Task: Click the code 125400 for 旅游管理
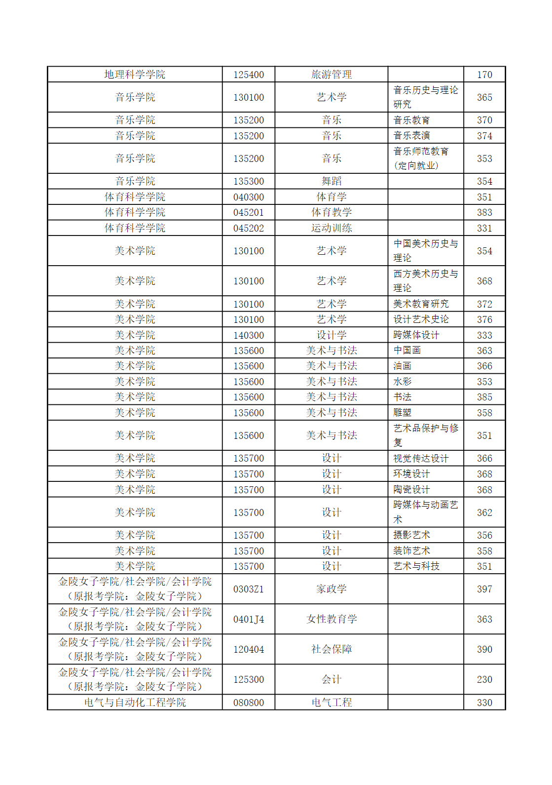point(249,75)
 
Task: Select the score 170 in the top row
point(484,75)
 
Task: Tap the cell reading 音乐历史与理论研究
point(425,97)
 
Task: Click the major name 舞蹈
point(331,181)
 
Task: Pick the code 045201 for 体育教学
point(249,212)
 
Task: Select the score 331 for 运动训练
point(484,228)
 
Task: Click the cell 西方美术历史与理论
point(425,281)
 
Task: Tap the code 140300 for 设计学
point(249,335)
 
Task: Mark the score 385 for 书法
point(484,397)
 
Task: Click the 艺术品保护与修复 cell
point(425,435)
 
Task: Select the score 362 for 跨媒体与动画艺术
point(484,512)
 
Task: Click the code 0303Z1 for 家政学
point(249,589)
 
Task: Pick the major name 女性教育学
point(331,619)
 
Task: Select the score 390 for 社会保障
point(484,649)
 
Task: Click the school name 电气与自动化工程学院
point(135,703)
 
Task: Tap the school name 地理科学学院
point(135,75)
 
